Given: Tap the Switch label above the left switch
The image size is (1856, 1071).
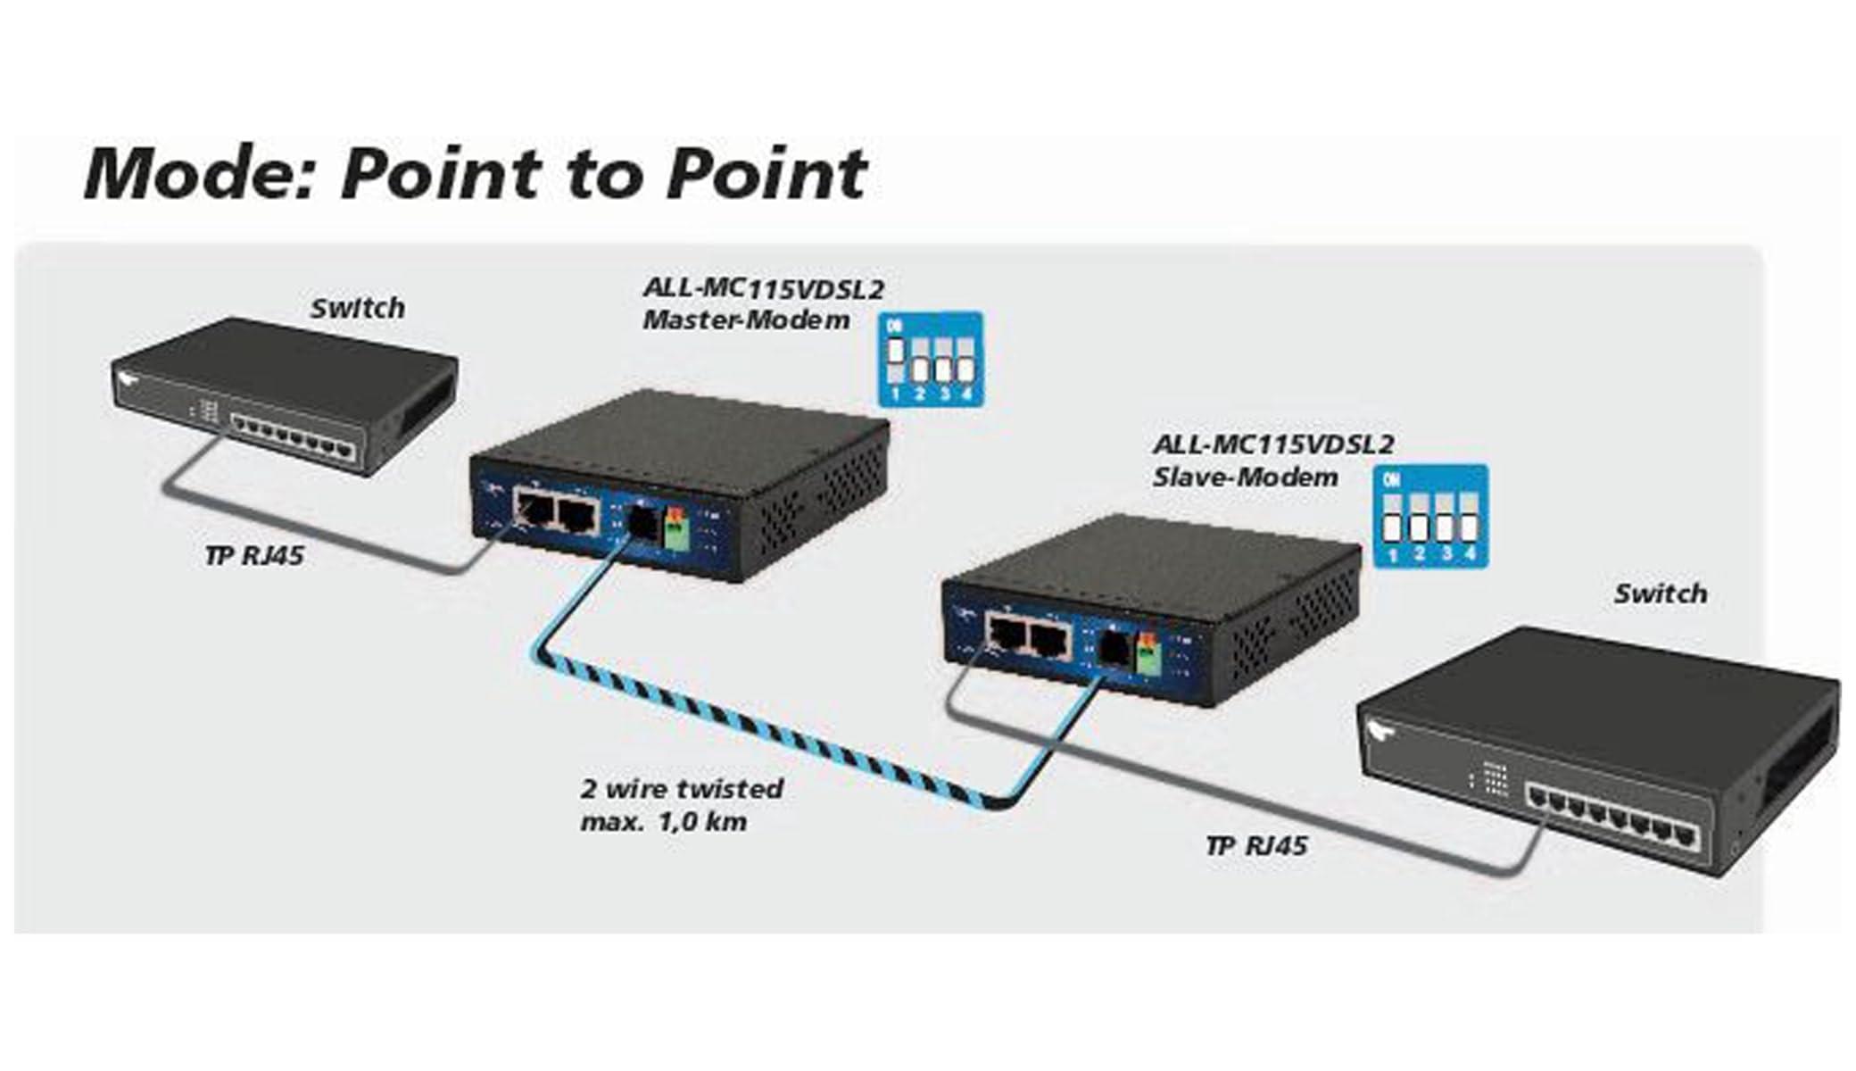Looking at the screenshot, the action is point(357,308).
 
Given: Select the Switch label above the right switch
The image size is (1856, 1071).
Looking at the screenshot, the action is point(1661,594).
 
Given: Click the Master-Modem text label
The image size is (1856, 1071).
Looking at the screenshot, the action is point(746,320).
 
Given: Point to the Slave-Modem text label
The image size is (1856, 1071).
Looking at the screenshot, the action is point(1246,477).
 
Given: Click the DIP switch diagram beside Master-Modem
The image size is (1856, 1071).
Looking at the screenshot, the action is point(931,359).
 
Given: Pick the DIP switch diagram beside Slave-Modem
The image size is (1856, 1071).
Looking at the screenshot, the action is point(1430,516).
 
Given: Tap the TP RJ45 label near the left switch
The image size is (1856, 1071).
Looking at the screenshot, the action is point(254,555).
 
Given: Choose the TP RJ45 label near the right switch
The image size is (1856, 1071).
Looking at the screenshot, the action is point(1256,845).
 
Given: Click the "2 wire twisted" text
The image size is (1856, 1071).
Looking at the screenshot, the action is point(683,789).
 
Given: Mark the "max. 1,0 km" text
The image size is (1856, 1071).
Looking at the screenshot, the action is point(664,821).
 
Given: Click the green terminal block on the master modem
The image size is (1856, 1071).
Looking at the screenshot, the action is point(677,529).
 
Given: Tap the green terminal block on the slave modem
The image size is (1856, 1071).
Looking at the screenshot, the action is point(1148,654).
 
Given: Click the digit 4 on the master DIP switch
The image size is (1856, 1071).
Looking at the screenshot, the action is point(966,394).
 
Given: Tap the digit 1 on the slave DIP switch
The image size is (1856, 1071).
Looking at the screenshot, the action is point(1392,555).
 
